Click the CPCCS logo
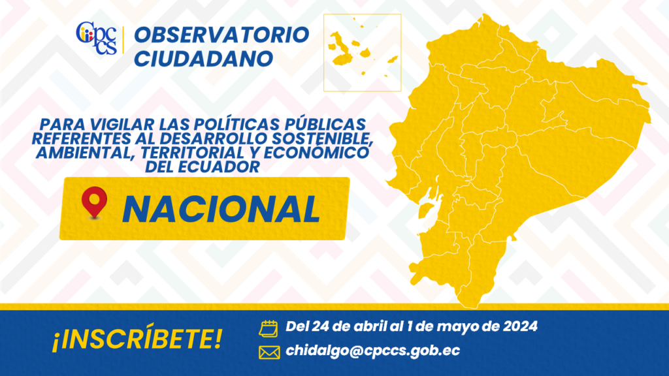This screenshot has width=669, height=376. [97, 38]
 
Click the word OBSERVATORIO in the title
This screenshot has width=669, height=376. [221, 35]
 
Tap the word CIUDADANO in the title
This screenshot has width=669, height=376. [204, 59]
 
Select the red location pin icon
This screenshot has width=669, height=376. [94, 202]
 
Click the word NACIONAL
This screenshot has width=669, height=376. [221, 210]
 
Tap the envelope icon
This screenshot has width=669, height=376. [269, 352]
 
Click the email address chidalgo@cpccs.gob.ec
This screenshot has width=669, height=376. [373, 351]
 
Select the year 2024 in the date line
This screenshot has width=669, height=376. [520, 326]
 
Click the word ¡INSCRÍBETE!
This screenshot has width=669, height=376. [137, 339]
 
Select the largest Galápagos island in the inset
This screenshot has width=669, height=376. [340, 50]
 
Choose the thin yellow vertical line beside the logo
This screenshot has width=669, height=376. [123, 40]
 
